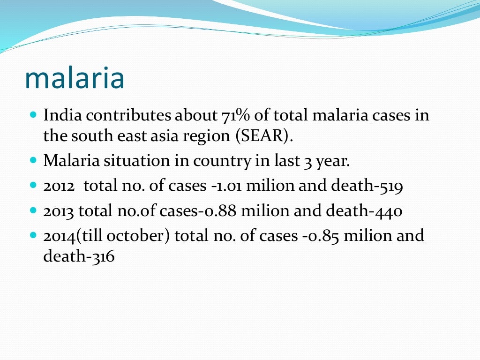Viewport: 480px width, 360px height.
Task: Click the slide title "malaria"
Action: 75,78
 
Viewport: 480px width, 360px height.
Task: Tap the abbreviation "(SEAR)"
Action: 264,136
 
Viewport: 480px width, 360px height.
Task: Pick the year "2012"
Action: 59,186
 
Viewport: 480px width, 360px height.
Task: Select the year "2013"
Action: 59,211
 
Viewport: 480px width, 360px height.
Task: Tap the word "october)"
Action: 143,235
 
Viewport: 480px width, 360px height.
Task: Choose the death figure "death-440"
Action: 366,211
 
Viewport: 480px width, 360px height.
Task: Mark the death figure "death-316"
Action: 79,256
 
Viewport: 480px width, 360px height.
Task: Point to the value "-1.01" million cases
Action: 226,186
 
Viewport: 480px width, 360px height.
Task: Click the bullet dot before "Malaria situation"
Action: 33,160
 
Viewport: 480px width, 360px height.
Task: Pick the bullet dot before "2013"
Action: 33,210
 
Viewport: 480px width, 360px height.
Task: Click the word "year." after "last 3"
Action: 332,161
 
